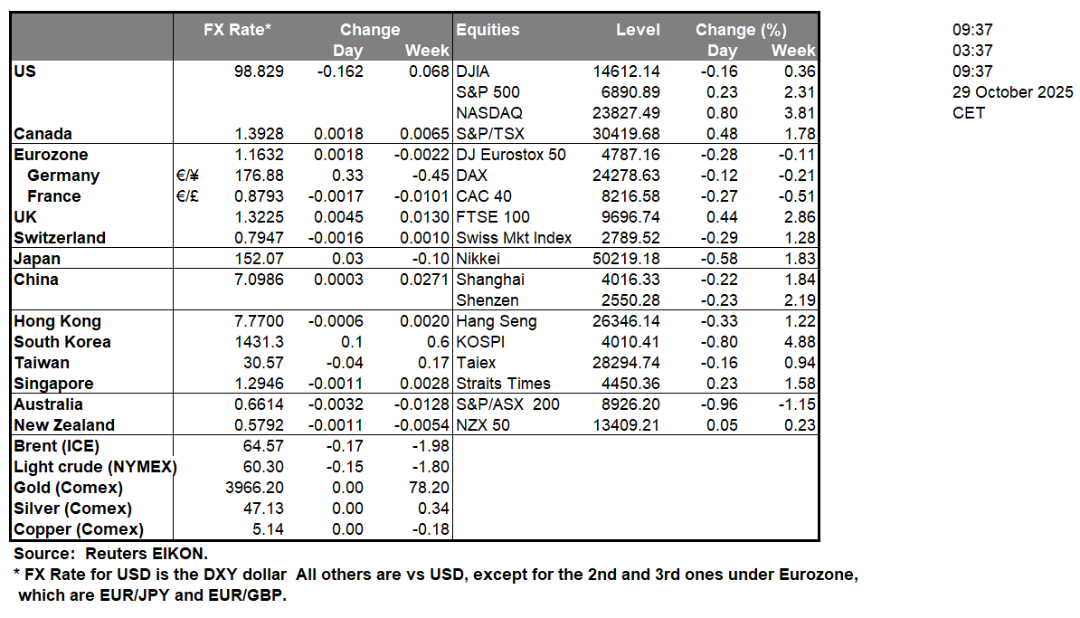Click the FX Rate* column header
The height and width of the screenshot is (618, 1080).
click(237, 30)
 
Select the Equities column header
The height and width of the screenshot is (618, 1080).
click(488, 30)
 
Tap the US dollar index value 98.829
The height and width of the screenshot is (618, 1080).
click(258, 71)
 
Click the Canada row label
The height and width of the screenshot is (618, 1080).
click(43, 134)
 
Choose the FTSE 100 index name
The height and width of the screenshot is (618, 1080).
click(493, 217)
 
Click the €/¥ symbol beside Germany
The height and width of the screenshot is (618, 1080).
click(189, 176)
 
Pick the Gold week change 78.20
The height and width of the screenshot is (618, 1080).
click(428, 488)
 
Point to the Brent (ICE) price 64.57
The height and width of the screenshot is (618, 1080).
click(266, 446)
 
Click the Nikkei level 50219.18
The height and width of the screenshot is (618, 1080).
click(626, 259)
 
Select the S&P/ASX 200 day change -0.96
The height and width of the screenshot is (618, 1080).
click(722, 404)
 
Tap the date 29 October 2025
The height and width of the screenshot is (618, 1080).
click(1012, 92)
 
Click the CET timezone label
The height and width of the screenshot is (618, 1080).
click(968, 113)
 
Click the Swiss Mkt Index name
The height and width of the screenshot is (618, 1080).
click(514, 238)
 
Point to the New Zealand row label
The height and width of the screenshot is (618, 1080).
click(64, 425)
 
